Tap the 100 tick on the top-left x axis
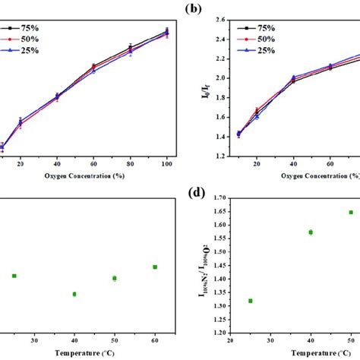pos(167,163)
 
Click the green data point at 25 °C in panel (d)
pos(250,301)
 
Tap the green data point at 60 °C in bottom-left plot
pos(155,267)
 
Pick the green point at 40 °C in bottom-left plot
pos(74,294)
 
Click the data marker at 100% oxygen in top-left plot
pos(167,32)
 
